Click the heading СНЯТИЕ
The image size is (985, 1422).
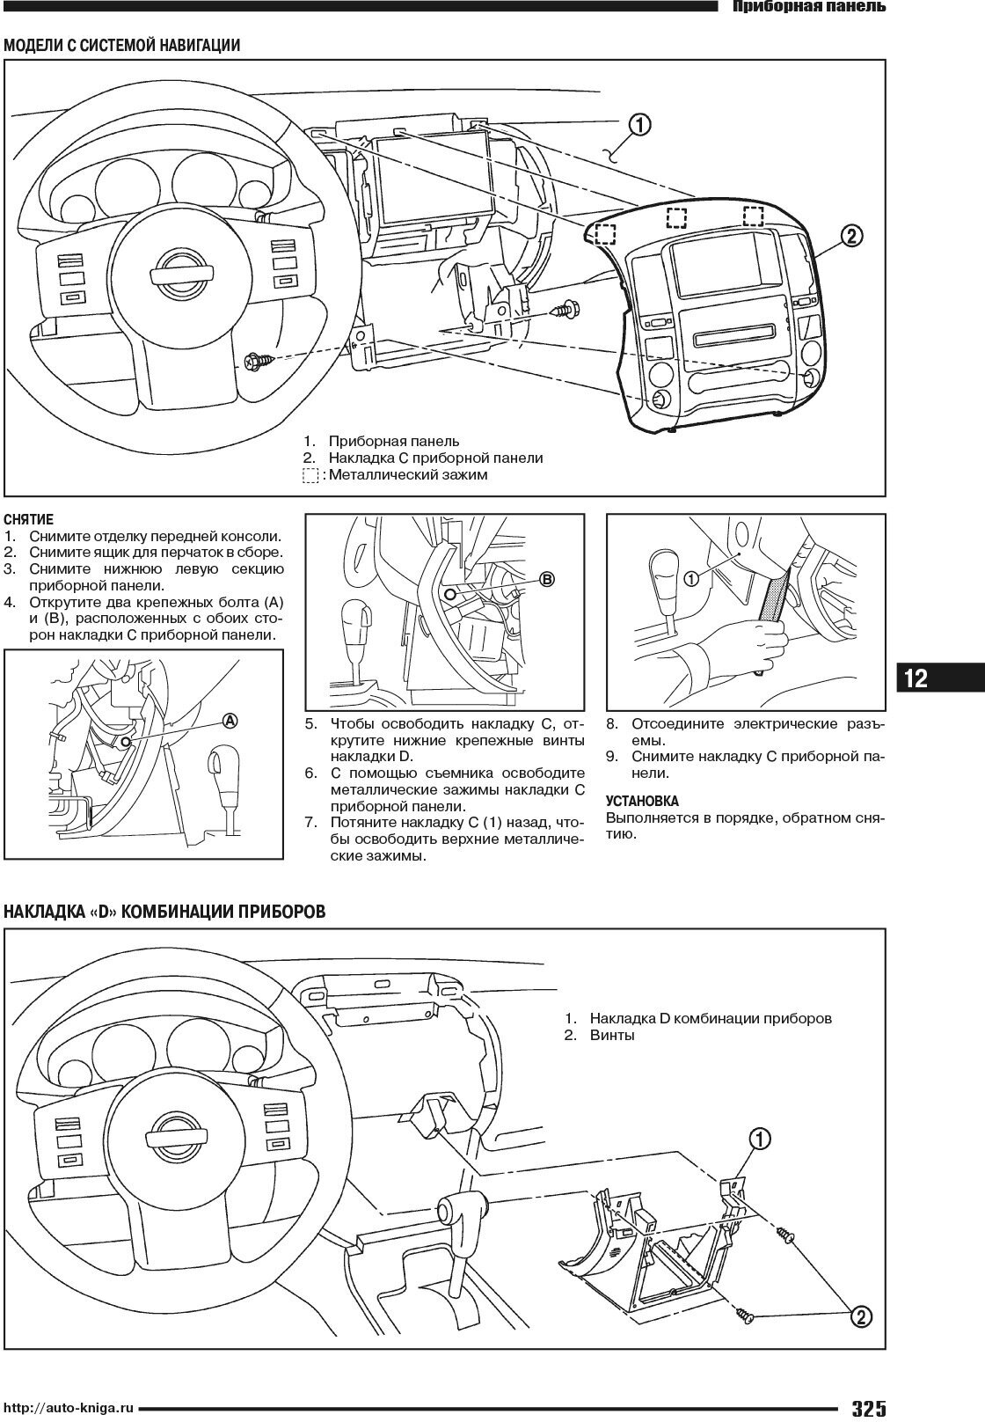click(x=29, y=520)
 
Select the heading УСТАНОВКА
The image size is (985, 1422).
click(x=642, y=801)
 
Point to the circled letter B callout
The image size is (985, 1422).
click(x=547, y=580)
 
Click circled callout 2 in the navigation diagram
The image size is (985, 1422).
click(x=850, y=236)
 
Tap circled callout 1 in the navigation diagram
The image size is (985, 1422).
click(x=639, y=126)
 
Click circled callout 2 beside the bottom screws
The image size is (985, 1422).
click(x=859, y=1341)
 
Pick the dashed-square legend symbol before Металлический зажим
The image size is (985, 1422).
click(x=310, y=475)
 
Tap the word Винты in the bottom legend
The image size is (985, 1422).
click(x=612, y=1035)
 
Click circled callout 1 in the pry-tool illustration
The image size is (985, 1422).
click(x=691, y=579)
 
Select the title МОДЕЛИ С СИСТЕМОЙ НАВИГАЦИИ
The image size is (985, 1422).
click(x=122, y=46)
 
